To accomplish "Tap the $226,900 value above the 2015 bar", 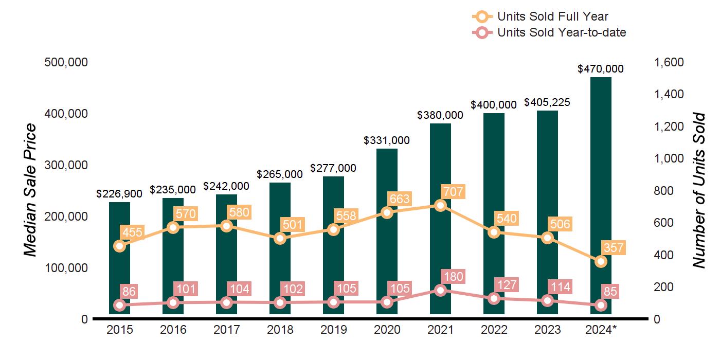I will tap(119, 194).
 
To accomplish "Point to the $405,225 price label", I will tap(547, 102).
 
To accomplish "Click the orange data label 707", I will tap(453, 192).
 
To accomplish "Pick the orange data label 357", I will tap(613, 248).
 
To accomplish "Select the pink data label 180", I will tap(453, 277).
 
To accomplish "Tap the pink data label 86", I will tap(129, 292).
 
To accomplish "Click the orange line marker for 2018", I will tap(280, 238).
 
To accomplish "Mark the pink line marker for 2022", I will tap(494, 299).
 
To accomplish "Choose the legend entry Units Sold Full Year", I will tap(553, 17).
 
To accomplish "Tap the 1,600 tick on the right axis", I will tap(669, 62).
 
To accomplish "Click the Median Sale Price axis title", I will tap(31, 190).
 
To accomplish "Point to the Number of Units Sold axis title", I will tap(698, 190).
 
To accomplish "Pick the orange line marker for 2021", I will tap(440, 205).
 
